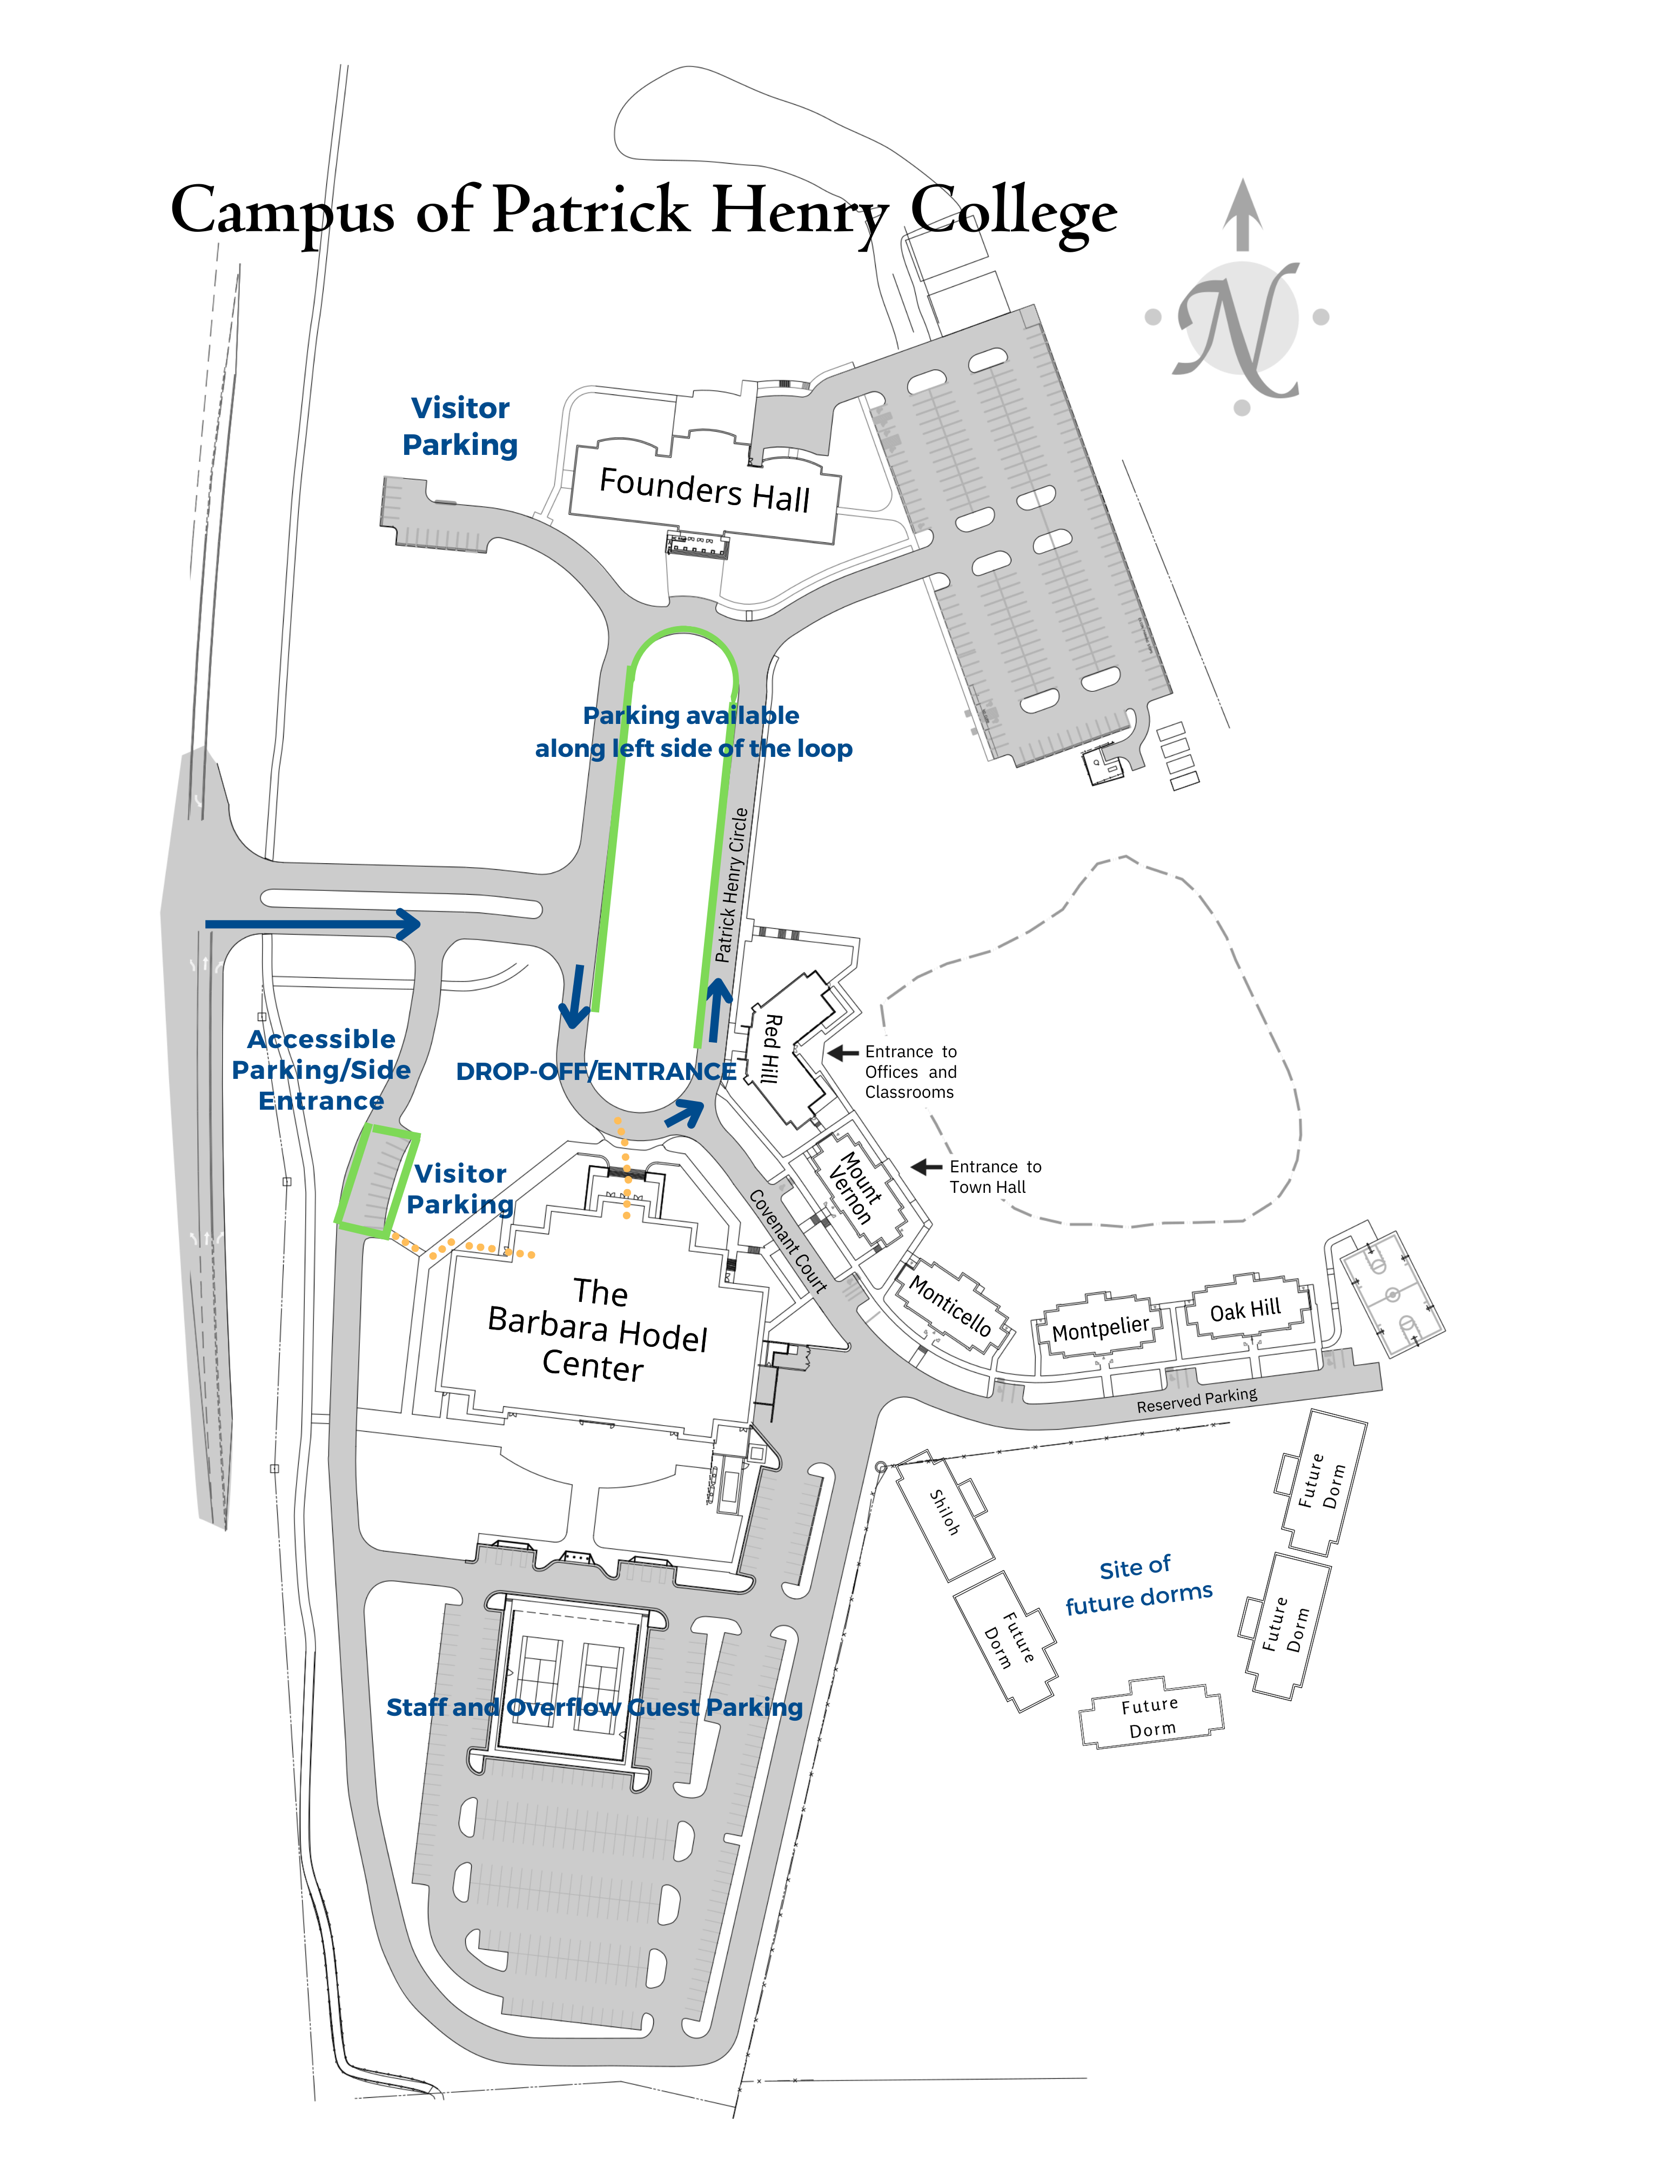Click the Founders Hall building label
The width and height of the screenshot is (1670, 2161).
705,490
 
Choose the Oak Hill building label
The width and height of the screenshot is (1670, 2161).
1245,1310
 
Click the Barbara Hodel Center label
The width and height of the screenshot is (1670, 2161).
598,1330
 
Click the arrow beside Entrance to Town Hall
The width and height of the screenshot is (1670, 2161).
926,1167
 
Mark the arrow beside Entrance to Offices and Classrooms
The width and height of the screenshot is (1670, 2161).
843,1053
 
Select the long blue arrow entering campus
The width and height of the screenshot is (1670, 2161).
312,924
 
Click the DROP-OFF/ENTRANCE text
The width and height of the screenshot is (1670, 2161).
595,1072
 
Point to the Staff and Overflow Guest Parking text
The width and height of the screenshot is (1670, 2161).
594,1707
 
